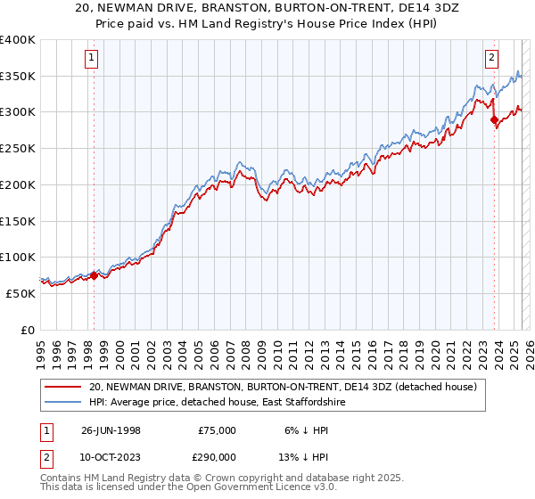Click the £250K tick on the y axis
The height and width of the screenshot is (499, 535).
coord(18,149)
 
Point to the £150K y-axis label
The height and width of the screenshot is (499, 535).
coord(18,221)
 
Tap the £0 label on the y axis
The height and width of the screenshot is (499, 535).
coord(28,330)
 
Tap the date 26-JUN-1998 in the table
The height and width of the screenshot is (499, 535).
coord(111,430)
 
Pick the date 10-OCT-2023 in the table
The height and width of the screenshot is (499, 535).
coord(111,455)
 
